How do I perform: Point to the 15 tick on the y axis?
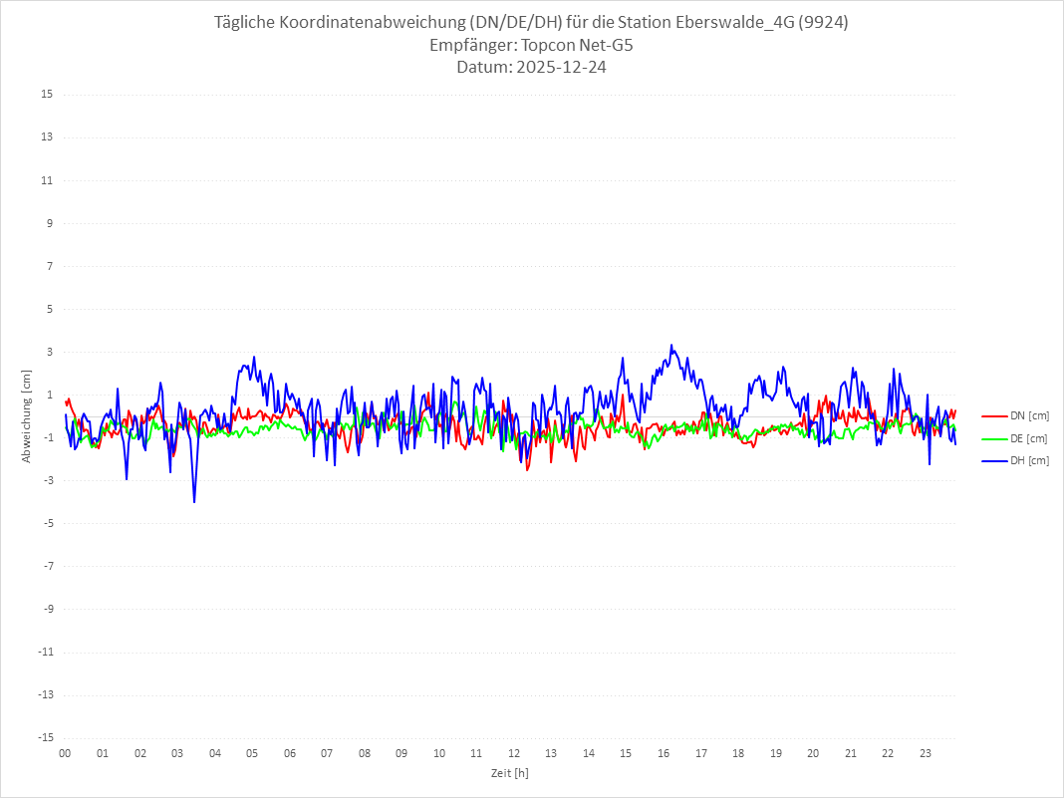pyautogui.click(x=47, y=95)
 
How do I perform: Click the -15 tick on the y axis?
pyautogui.click(x=45, y=738)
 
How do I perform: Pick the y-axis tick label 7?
pyautogui.click(x=49, y=266)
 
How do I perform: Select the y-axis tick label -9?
pyautogui.click(x=47, y=610)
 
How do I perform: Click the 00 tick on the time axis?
pyautogui.click(x=65, y=753)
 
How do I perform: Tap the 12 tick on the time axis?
pyautogui.click(x=514, y=753)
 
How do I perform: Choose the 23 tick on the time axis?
pyautogui.click(x=926, y=753)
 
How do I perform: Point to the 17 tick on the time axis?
pyautogui.click(x=701, y=753)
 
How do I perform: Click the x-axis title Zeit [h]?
pyautogui.click(x=510, y=772)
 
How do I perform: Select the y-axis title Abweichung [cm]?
pyautogui.click(x=27, y=415)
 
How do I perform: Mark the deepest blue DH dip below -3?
pyautogui.click(x=194, y=501)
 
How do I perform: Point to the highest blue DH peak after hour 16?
pyautogui.click(x=671, y=346)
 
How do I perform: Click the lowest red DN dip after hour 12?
pyautogui.click(x=527, y=469)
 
